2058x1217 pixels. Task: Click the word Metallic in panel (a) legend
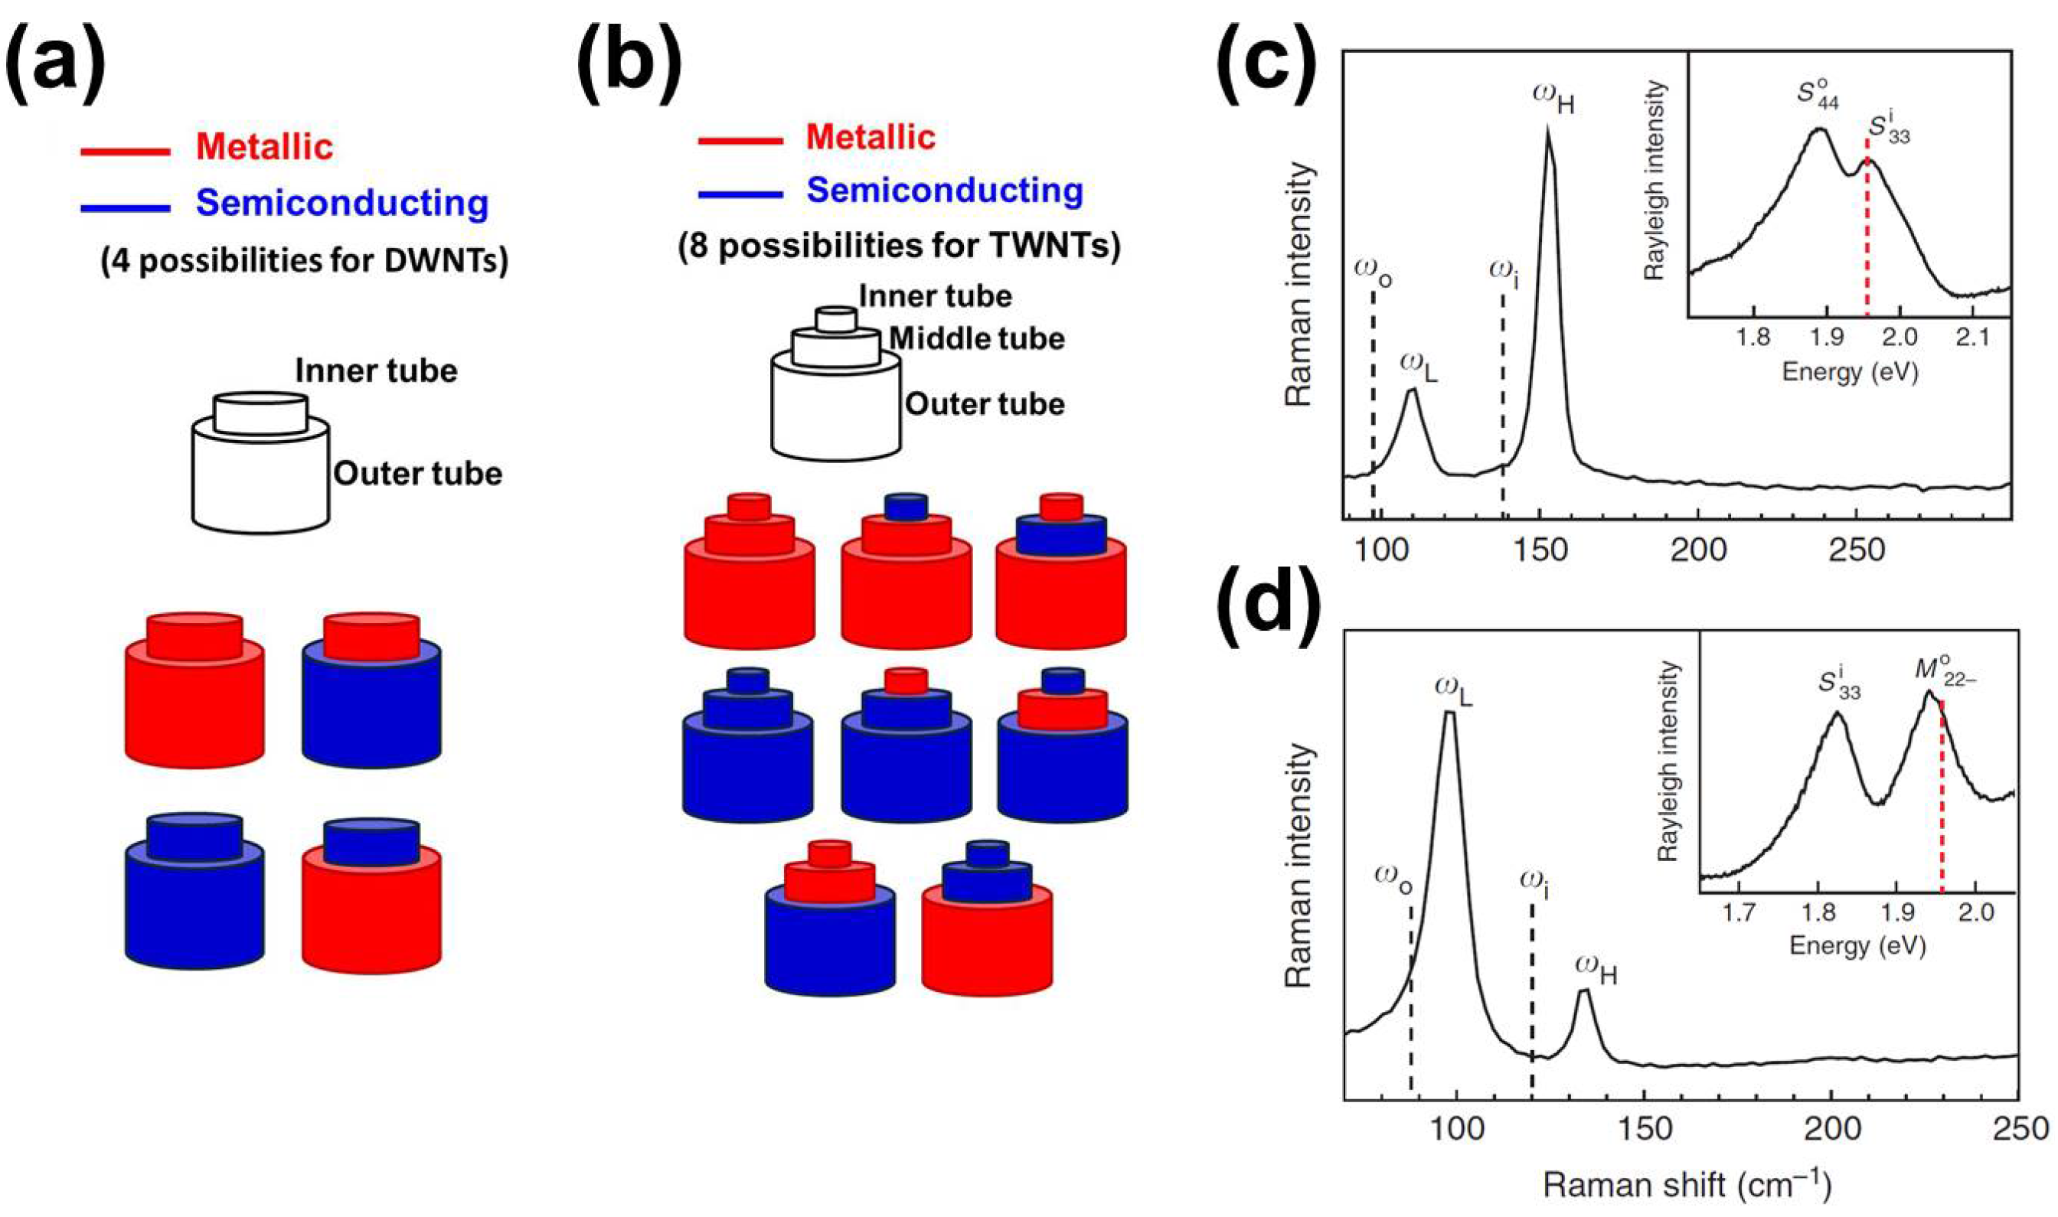click(x=264, y=148)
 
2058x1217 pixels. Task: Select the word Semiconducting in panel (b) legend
click(x=945, y=191)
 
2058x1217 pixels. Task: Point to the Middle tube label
click(x=977, y=338)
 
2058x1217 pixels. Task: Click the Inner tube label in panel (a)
click(x=376, y=371)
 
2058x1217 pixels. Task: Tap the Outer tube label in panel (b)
click(x=985, y=404)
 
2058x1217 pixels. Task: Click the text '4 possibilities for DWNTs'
click(x=304, y=261)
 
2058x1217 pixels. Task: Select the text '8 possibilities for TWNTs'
click(x=899, y=245)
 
